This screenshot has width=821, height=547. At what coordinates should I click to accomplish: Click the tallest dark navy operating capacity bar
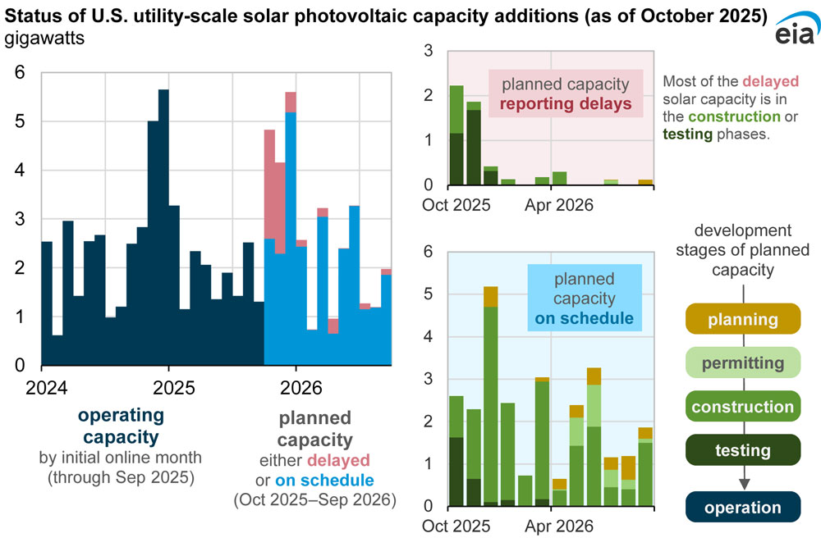(x=163, y=230)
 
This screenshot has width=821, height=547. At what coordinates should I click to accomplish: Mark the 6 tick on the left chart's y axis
(x=20, y=73)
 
